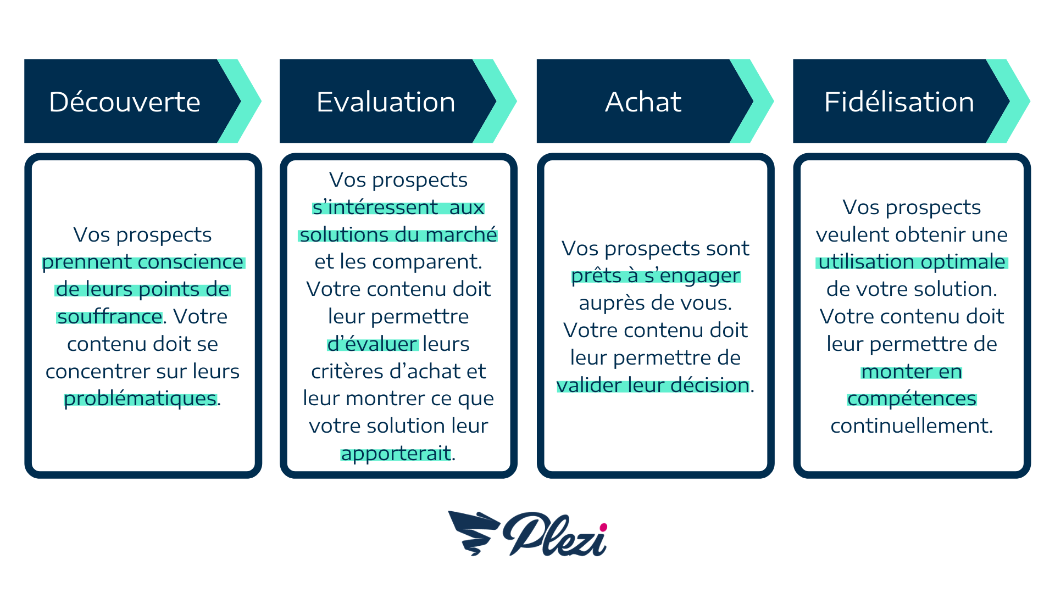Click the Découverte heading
[x=125, y=102]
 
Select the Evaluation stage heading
[x=386, y=102]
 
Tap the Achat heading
[x=643, y=102]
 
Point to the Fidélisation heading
[x=899, y=102]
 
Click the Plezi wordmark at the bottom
[x=555, y=534]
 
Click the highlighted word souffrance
[x=110, y=317]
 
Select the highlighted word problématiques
[x=140, y=399]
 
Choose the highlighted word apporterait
[x=396, y=454]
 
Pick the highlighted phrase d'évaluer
[x=373, y=344]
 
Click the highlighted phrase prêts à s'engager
[x=656, y=276]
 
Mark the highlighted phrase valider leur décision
[x=653, y=385]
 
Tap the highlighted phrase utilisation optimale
[x=912, y=262]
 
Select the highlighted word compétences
[x=912, y=399]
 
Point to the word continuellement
[x=912, y=426]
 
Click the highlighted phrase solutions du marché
[x=398, y=235]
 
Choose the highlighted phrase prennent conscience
[x=143, y=262]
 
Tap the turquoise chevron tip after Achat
[x=773, y=101]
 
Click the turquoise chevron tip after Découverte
[x=260, y=101]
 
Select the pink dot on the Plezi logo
[x=603, y=527]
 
